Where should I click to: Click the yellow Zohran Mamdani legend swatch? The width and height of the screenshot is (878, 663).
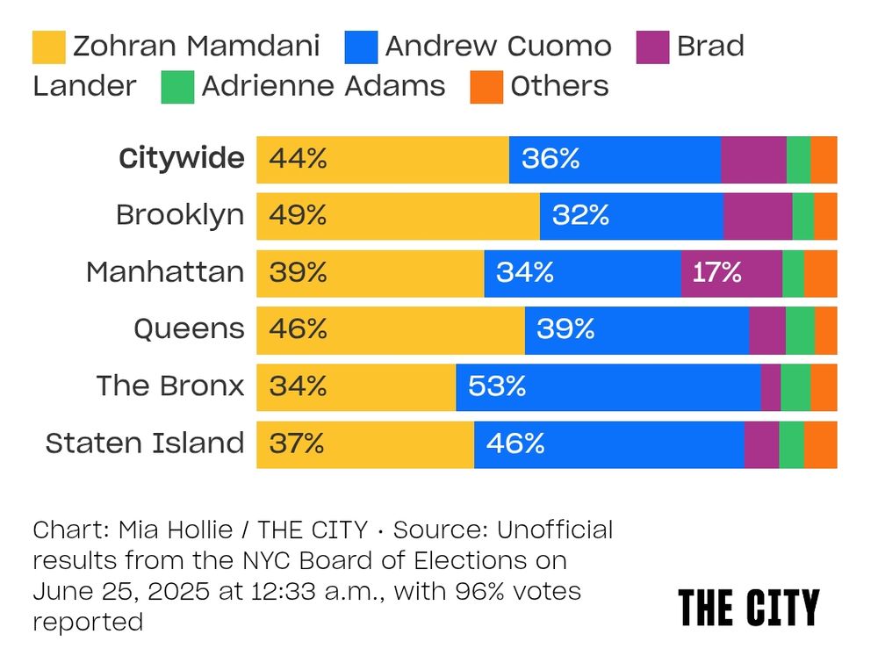point(48,47)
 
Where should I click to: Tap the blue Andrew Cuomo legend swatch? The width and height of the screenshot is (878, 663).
point(362,47)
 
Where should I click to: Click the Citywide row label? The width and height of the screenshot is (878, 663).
point(182,159)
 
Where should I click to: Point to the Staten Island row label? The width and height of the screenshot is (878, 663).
point(145,443)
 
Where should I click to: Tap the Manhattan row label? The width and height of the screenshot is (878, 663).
point(165,272)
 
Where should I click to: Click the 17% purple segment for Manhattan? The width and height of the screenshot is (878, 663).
point(730,273)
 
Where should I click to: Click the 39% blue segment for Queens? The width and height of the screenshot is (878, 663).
point(637,329)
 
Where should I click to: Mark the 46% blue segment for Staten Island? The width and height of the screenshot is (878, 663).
point(608,443)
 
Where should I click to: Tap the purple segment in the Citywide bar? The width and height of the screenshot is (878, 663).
point(753,159)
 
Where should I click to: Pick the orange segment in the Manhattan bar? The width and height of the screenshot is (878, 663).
point(820,273)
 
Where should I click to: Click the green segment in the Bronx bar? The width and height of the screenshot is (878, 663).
point(795,386)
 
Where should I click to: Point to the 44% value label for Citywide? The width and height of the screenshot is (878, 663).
point(298,159)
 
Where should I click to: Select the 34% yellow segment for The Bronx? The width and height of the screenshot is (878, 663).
point(356,386)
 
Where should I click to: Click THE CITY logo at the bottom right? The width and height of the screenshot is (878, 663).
point(748,607)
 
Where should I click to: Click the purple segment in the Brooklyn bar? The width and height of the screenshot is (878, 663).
point(758,216)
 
